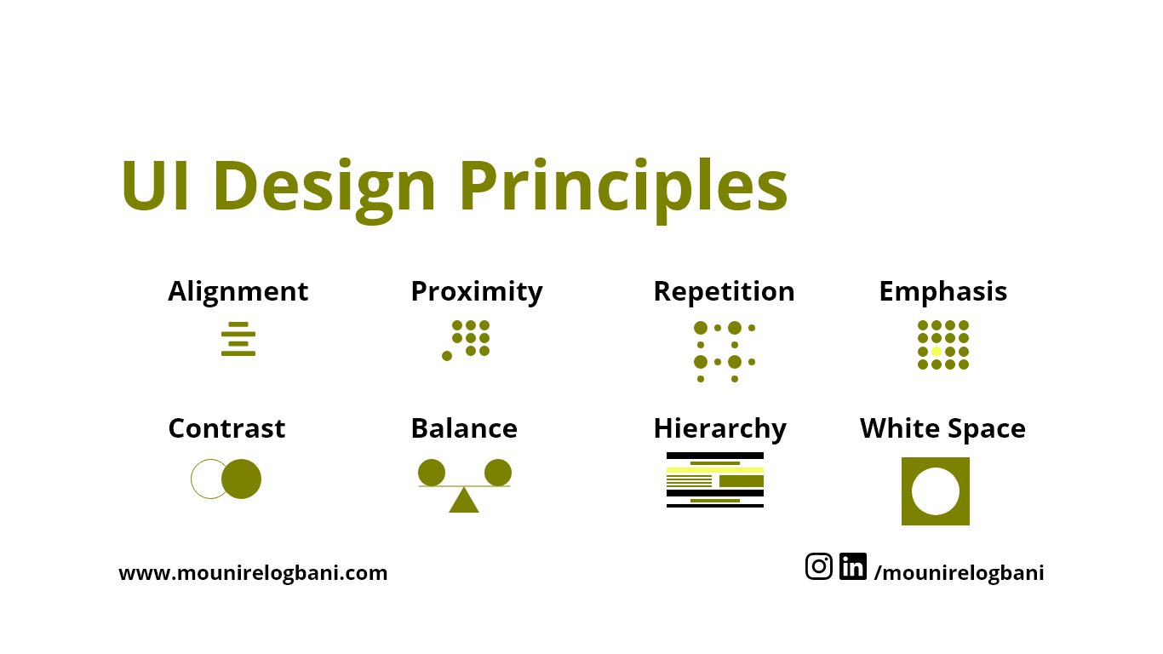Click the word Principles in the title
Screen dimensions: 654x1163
point(623,186)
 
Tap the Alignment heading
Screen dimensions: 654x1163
point(238,291)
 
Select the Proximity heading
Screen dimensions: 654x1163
point(476,291)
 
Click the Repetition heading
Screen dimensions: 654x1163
point(724,291)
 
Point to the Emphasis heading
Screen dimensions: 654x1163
point(942,291)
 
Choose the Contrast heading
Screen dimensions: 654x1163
point(226,427)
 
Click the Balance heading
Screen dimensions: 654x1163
point(463,427)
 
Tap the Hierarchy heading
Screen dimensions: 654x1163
point(719,428)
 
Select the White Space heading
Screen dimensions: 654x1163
point(942,427)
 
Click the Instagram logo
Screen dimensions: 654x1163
point(819,566)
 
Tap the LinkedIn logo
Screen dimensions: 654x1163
point(852,566)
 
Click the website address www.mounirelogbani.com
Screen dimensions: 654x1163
point(253,573)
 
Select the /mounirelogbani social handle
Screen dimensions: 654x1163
point(959,573)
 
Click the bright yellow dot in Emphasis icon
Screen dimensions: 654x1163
point(937,352)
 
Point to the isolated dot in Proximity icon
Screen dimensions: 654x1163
point(447,356)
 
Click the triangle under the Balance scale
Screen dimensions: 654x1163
point(464,502)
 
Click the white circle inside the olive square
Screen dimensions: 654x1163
point(936,491)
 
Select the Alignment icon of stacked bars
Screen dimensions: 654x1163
point(238,339)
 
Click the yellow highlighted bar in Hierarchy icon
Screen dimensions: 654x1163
point(715,470)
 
